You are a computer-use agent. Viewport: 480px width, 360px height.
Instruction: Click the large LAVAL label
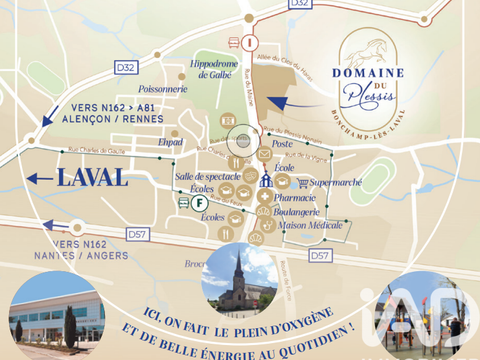(x=91, y=178)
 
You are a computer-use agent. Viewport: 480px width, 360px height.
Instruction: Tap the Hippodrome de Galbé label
(x=213, y=69)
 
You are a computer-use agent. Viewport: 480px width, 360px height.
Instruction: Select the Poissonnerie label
(x=163, y=88)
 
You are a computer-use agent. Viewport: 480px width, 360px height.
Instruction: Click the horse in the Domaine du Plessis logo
(x=365, y=48)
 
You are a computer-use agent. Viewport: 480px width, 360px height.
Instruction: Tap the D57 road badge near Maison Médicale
(x=319, y=257)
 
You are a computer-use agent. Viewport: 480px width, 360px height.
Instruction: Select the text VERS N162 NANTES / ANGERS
(x=83, y=248)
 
